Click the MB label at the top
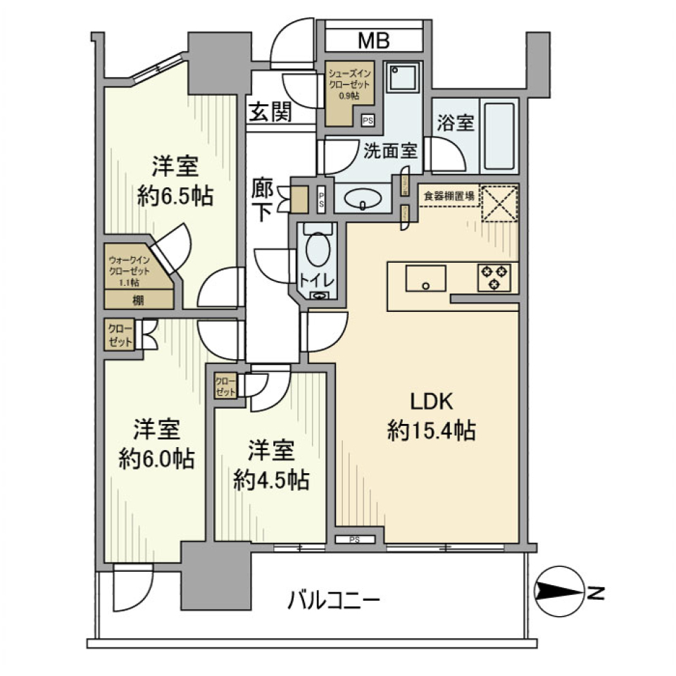point(373,41)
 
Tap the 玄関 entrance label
point(270,111)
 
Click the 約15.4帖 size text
point(432,430)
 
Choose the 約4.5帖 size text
point(271,480)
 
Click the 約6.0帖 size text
point(157,458)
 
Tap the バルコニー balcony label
point(334,601)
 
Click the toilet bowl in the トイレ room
point(318,251)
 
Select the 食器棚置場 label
point(449,195)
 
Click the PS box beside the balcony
point(355,540)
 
